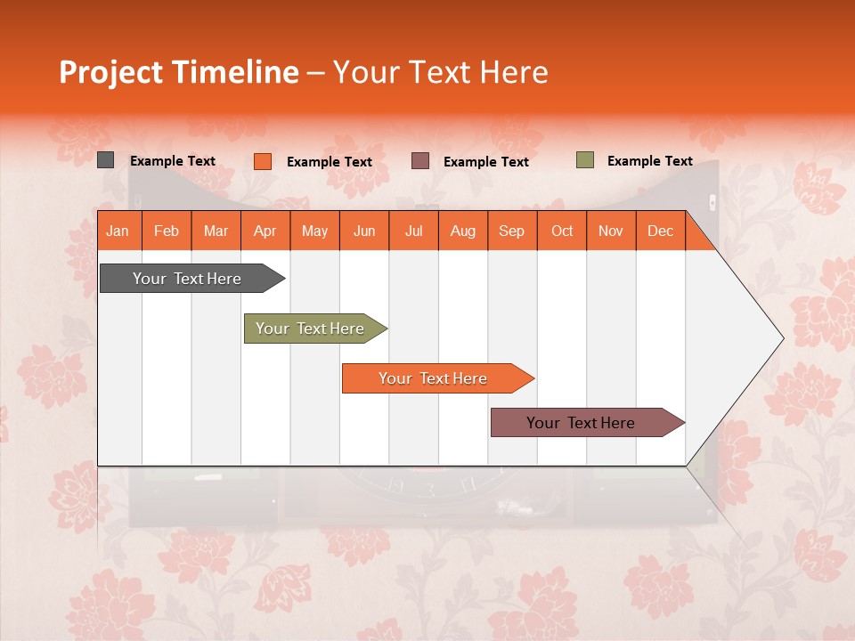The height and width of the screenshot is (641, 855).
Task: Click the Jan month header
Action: click(118, 231)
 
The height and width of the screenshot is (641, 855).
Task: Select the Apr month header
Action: click(265, 231)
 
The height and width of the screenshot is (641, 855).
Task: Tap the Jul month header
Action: click(413, 231)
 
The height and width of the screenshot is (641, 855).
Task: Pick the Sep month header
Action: click(511, 231)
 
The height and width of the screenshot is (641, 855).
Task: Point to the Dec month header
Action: click(660, 231)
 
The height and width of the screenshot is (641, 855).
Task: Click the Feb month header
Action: click(167, 231)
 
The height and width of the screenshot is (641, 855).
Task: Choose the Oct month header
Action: click(562, 231)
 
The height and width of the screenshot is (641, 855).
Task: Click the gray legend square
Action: click(105, 160)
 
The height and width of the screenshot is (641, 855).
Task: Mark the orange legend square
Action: click(262, 161)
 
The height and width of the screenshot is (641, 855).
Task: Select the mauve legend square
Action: click(420, 161)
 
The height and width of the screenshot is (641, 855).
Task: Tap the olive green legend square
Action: click(584, 160)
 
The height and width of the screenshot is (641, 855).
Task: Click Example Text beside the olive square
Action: click(649, 161)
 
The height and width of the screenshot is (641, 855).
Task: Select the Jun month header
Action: click(363, 231)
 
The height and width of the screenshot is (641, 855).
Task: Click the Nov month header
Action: click(610, 231)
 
